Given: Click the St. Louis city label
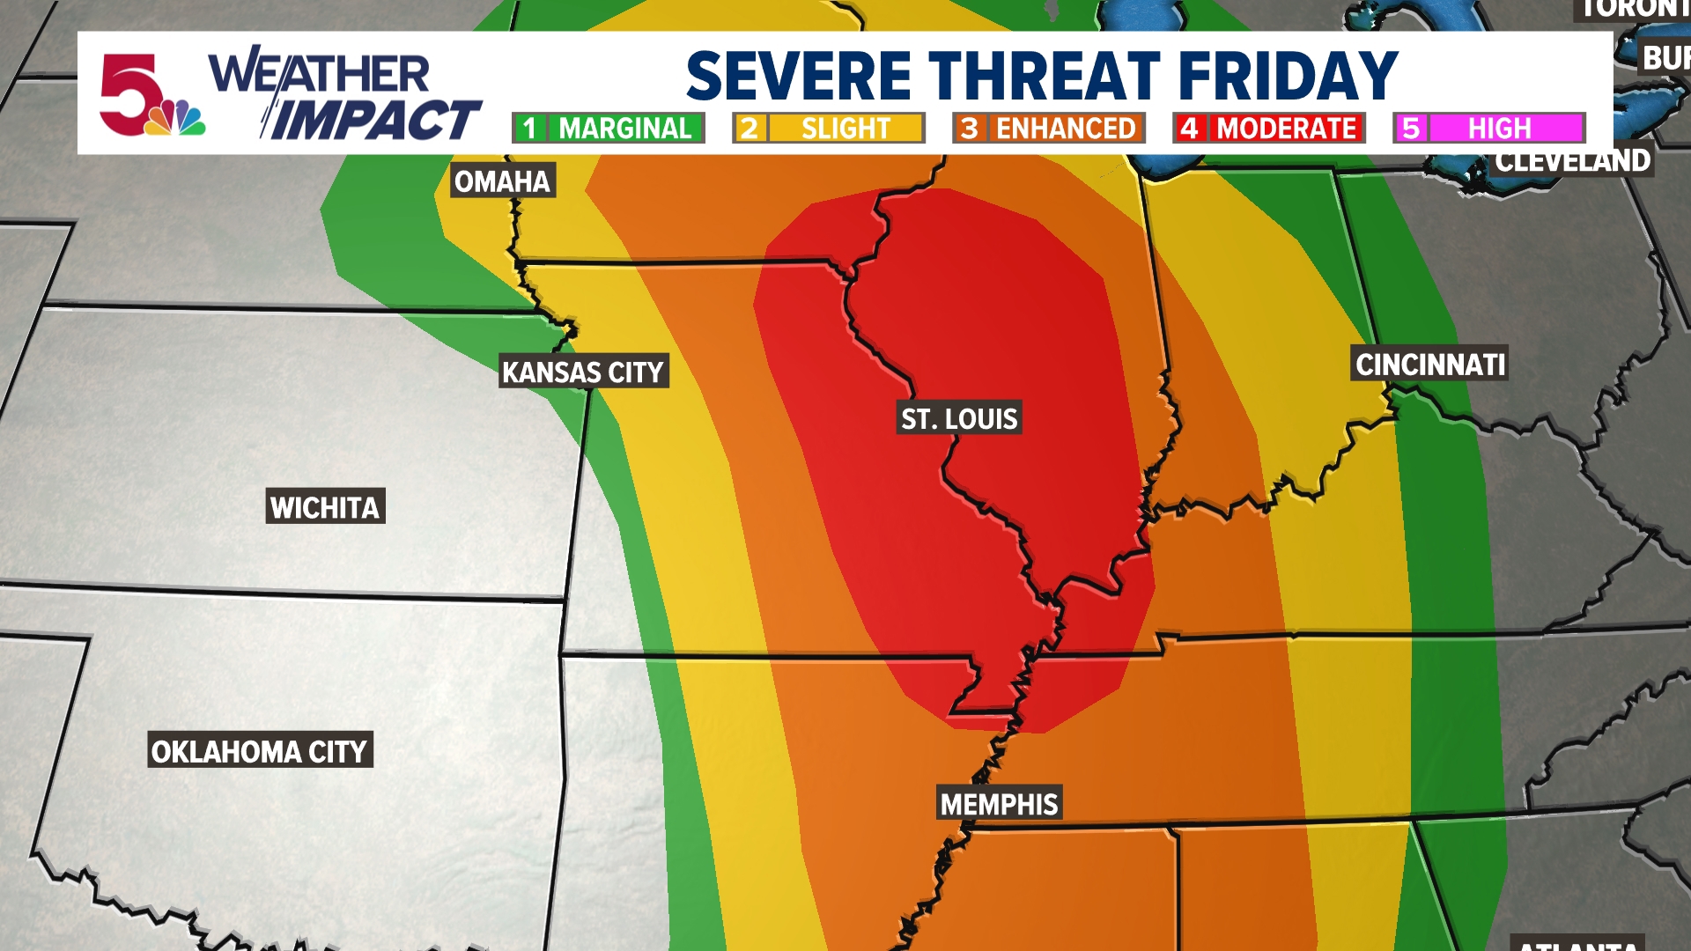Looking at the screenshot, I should coord(959,418).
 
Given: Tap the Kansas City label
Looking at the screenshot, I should coord(583,372).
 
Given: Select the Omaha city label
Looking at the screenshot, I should coord(502,181).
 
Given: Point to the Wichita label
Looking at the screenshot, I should coord(325,507).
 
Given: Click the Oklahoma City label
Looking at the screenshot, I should coord(260,751).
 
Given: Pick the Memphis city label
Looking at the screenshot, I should coord(999,804).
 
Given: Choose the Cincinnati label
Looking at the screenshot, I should coord(1430,364).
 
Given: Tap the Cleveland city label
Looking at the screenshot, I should coord(1573,161).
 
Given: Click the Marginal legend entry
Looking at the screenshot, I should coord(609,129).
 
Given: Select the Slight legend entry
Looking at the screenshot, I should coord(829,129).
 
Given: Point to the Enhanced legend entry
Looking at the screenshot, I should coord(1049,129).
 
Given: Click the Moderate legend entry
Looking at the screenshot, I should coord(1269,129).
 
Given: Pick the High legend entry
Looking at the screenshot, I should coord(1489,129).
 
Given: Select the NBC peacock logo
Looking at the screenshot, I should coord(176,119).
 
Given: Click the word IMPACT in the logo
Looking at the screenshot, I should coord(374,120).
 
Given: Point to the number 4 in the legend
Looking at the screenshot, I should coord(1189,129).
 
